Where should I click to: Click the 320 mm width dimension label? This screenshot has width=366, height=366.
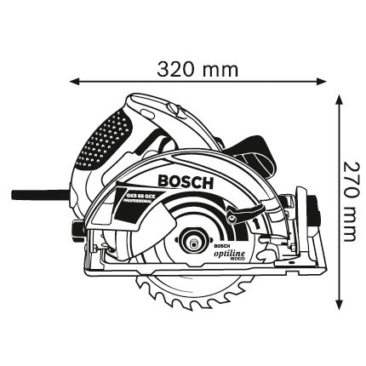pyautogui.click(x=197, y=68)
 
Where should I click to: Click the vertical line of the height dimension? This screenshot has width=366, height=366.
pyautogui.click(x=341, y=255)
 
